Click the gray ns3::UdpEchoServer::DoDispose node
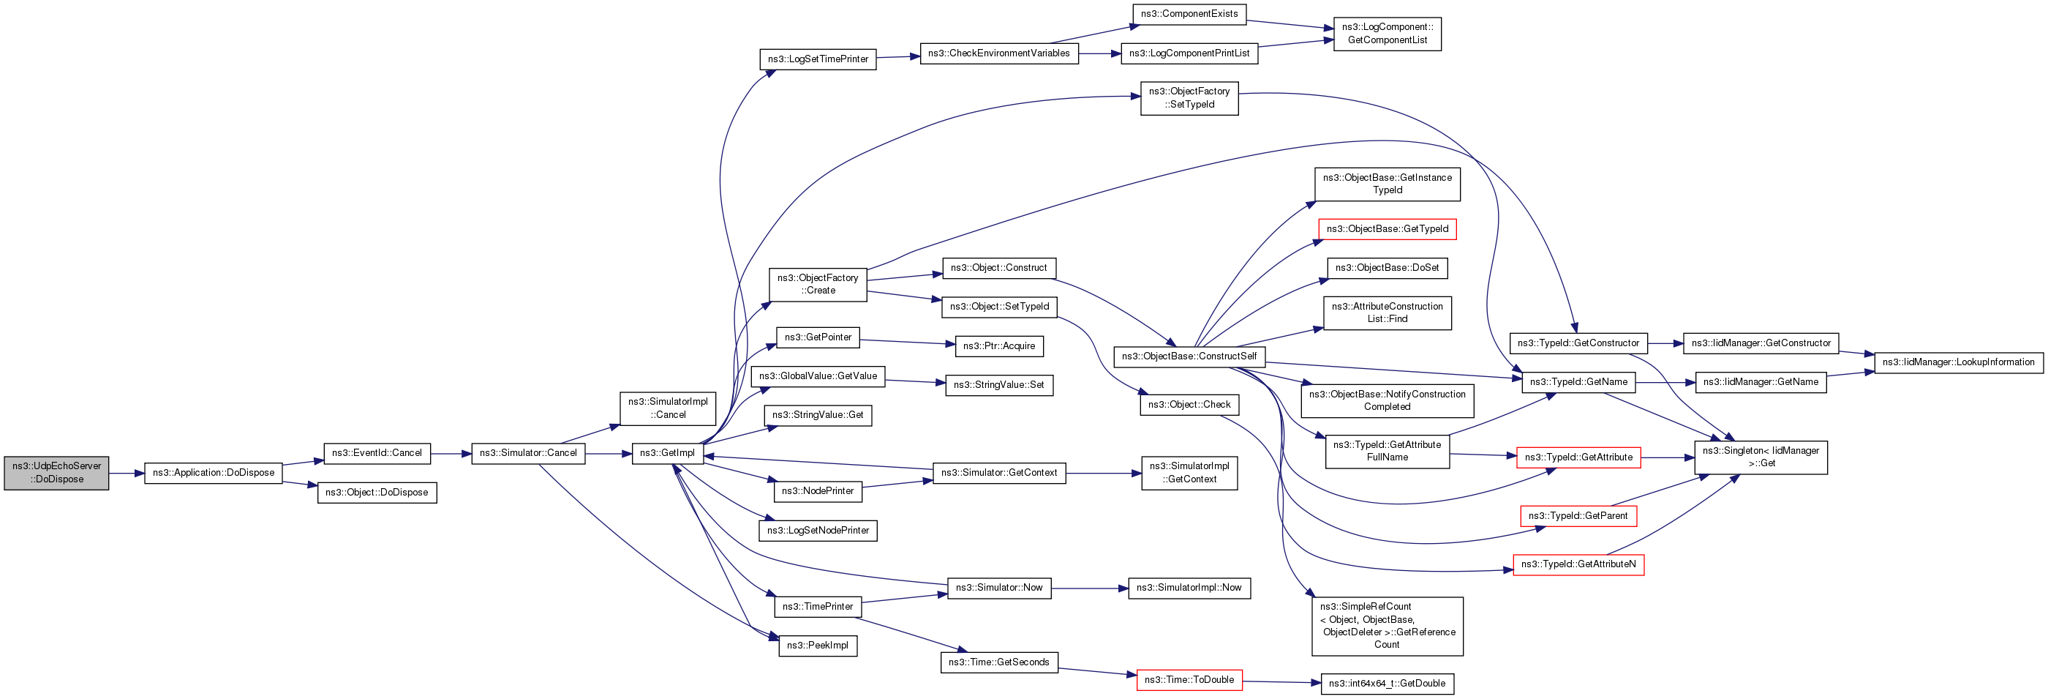[x=56, y=472]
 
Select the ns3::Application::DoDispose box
[x=213, y=472]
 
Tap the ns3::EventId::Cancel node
[x=377, y=453]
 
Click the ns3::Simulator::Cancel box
[x=528, y=453]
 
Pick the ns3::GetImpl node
[x=667, y=453]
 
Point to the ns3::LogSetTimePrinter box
[x=817, y=59]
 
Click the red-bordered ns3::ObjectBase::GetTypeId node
[x=1388, y=229]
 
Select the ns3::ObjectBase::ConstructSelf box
[x=1189, y=356]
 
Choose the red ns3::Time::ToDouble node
[x=1189, y=680]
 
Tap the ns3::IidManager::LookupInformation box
[x=1958, y=362]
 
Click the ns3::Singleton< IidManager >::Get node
[x=1761, y=457]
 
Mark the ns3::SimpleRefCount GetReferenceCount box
[x=1387, y=626]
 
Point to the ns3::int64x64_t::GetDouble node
[x=1387, y=684]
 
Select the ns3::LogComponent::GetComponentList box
[x=1387, y=34]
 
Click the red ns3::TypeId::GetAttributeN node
[x=1578, y=564]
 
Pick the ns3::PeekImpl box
[x=817, y=646]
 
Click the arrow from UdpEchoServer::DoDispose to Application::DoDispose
[x=127, y=473]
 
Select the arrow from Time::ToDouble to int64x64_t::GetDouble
[x=1281, y=682]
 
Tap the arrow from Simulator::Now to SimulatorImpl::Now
[x=1089, y=588]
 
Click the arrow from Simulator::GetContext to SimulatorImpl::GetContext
[x=1103, y=473]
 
